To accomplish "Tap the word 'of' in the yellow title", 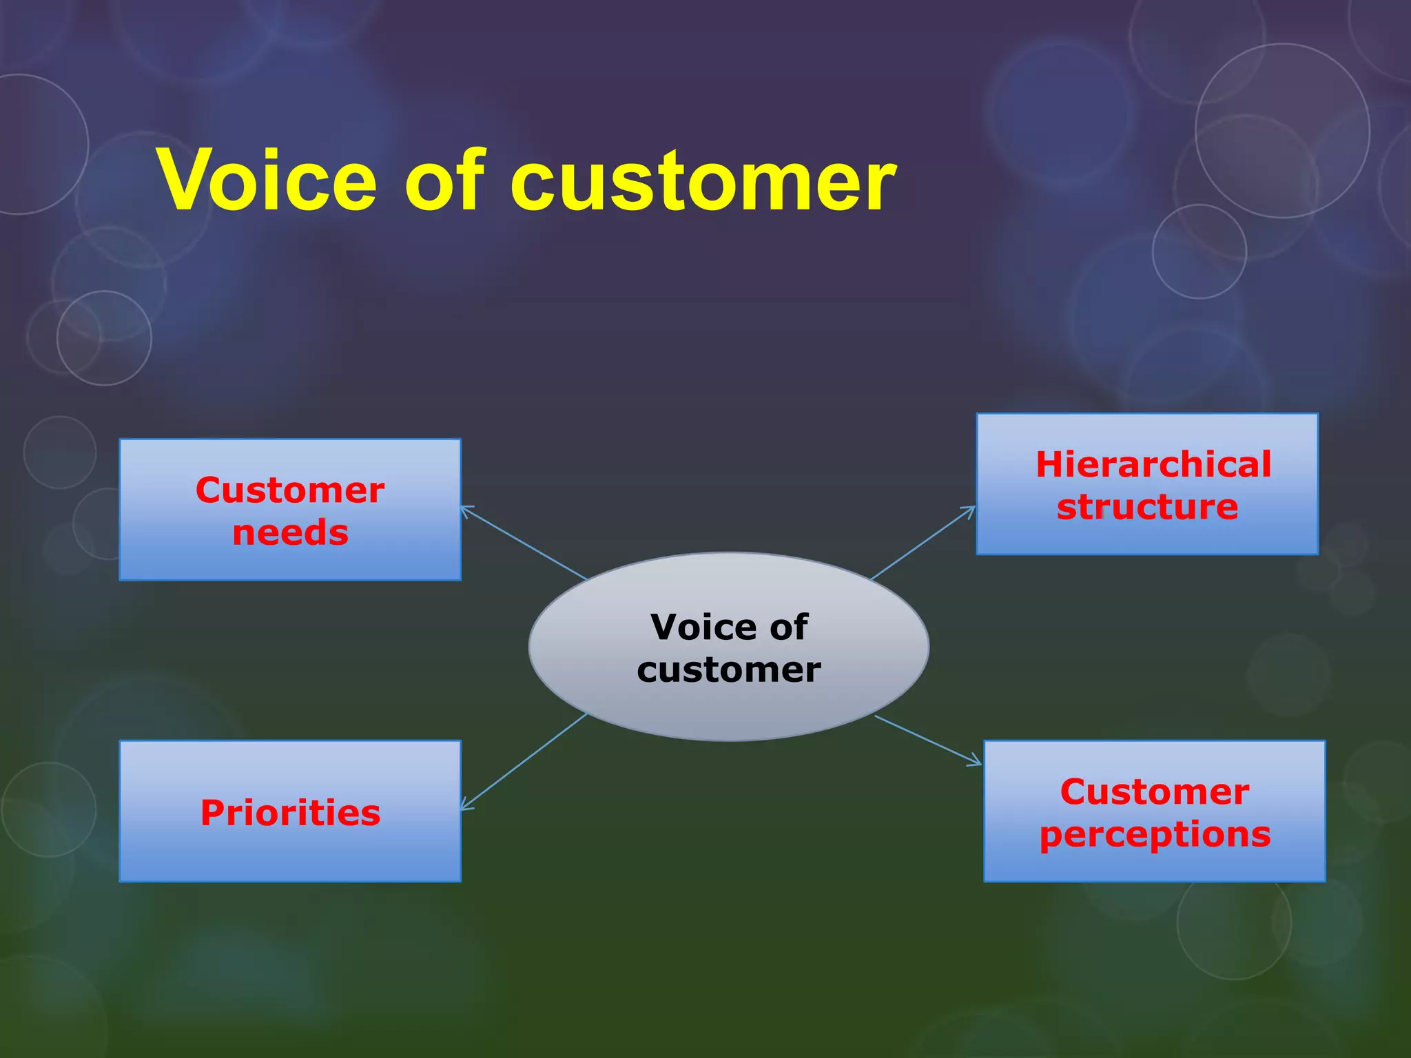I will (x=444, y=180).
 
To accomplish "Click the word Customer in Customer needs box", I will (x=290, y=490).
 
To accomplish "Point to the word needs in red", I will (x=290, y=533).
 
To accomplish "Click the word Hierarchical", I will (x=1153, y=464).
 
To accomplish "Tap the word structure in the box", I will (x=1147, y=507).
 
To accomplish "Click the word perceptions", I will (x=1155, y=835).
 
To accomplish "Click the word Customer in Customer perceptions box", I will (x=1155, y=792).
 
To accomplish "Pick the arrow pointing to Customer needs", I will (x=524, y=543).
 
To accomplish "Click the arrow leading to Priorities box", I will (x=524, y=761).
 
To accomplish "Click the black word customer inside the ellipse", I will (x=729, y=670).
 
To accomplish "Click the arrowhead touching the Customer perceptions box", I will (x=977, y=762).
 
